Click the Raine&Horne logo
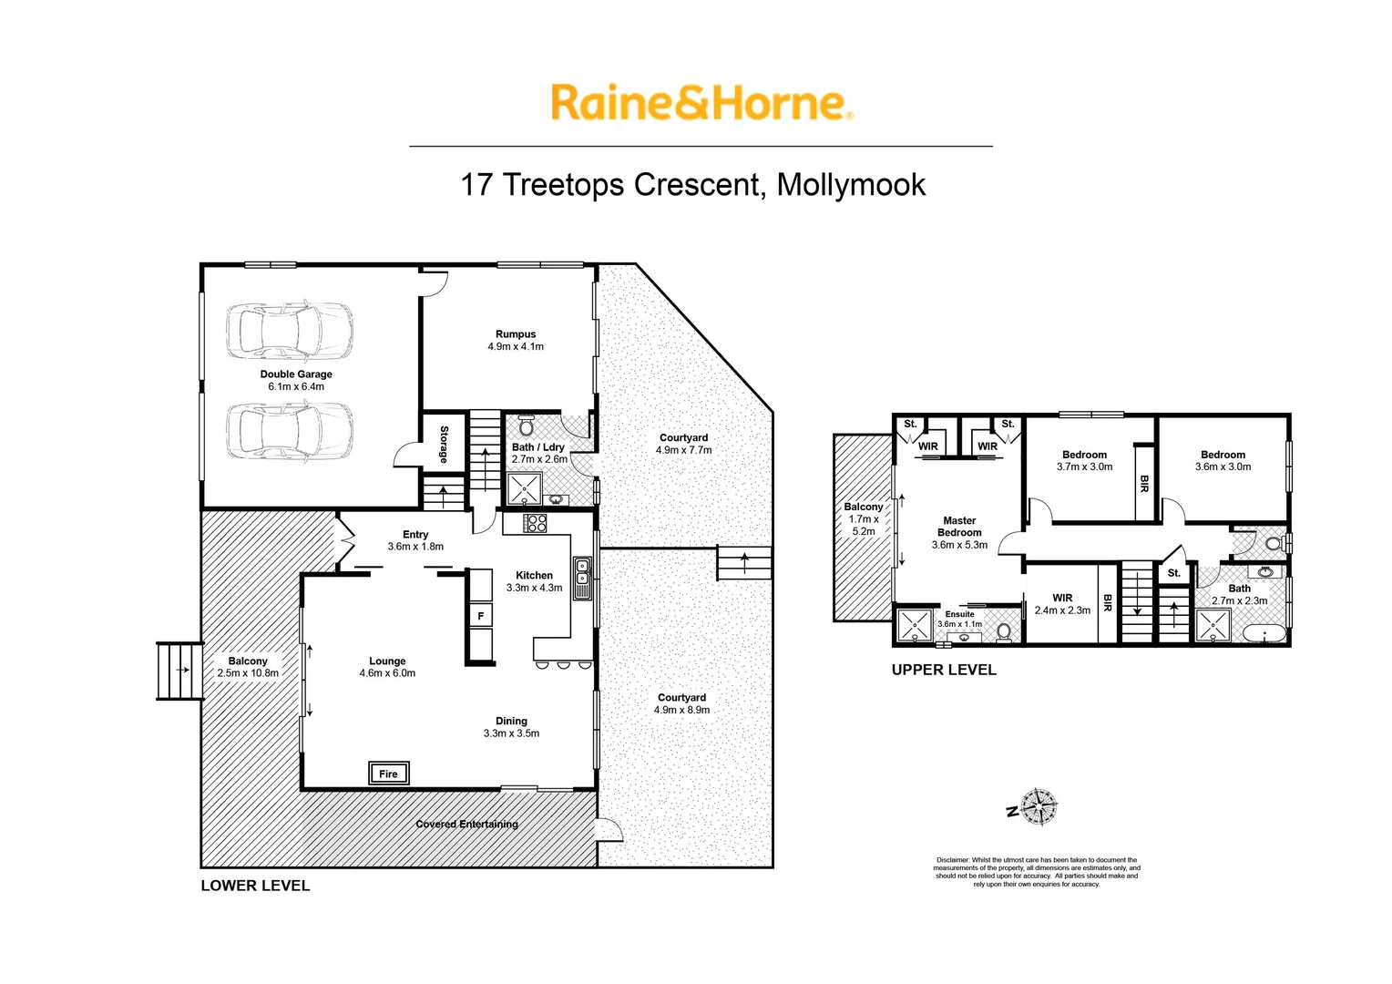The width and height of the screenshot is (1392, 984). (701, 103)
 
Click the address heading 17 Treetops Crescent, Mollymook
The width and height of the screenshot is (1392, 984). (692, 185)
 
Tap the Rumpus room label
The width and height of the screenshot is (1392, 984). (516, 334)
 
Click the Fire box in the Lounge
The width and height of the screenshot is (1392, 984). (388, 774)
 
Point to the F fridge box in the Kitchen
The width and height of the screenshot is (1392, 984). (480, 616)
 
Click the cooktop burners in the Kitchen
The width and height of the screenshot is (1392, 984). (535, 523)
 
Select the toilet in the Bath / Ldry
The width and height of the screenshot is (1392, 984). (526, 426)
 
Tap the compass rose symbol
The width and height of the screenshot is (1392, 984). (1038, 806)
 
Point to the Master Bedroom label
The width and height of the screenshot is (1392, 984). (959, 527)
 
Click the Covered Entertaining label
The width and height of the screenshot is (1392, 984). (466, 824)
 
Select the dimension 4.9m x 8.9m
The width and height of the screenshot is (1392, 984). (681, 710)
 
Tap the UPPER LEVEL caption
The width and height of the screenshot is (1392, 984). (943, 670)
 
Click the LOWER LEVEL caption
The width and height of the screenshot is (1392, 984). (255, 886)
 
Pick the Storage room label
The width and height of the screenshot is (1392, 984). (444, 444)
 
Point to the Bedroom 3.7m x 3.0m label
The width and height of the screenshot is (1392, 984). (1084, 460)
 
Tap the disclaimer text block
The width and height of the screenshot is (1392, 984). (1036, 872)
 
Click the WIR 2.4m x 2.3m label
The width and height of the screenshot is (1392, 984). (1062, 604)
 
